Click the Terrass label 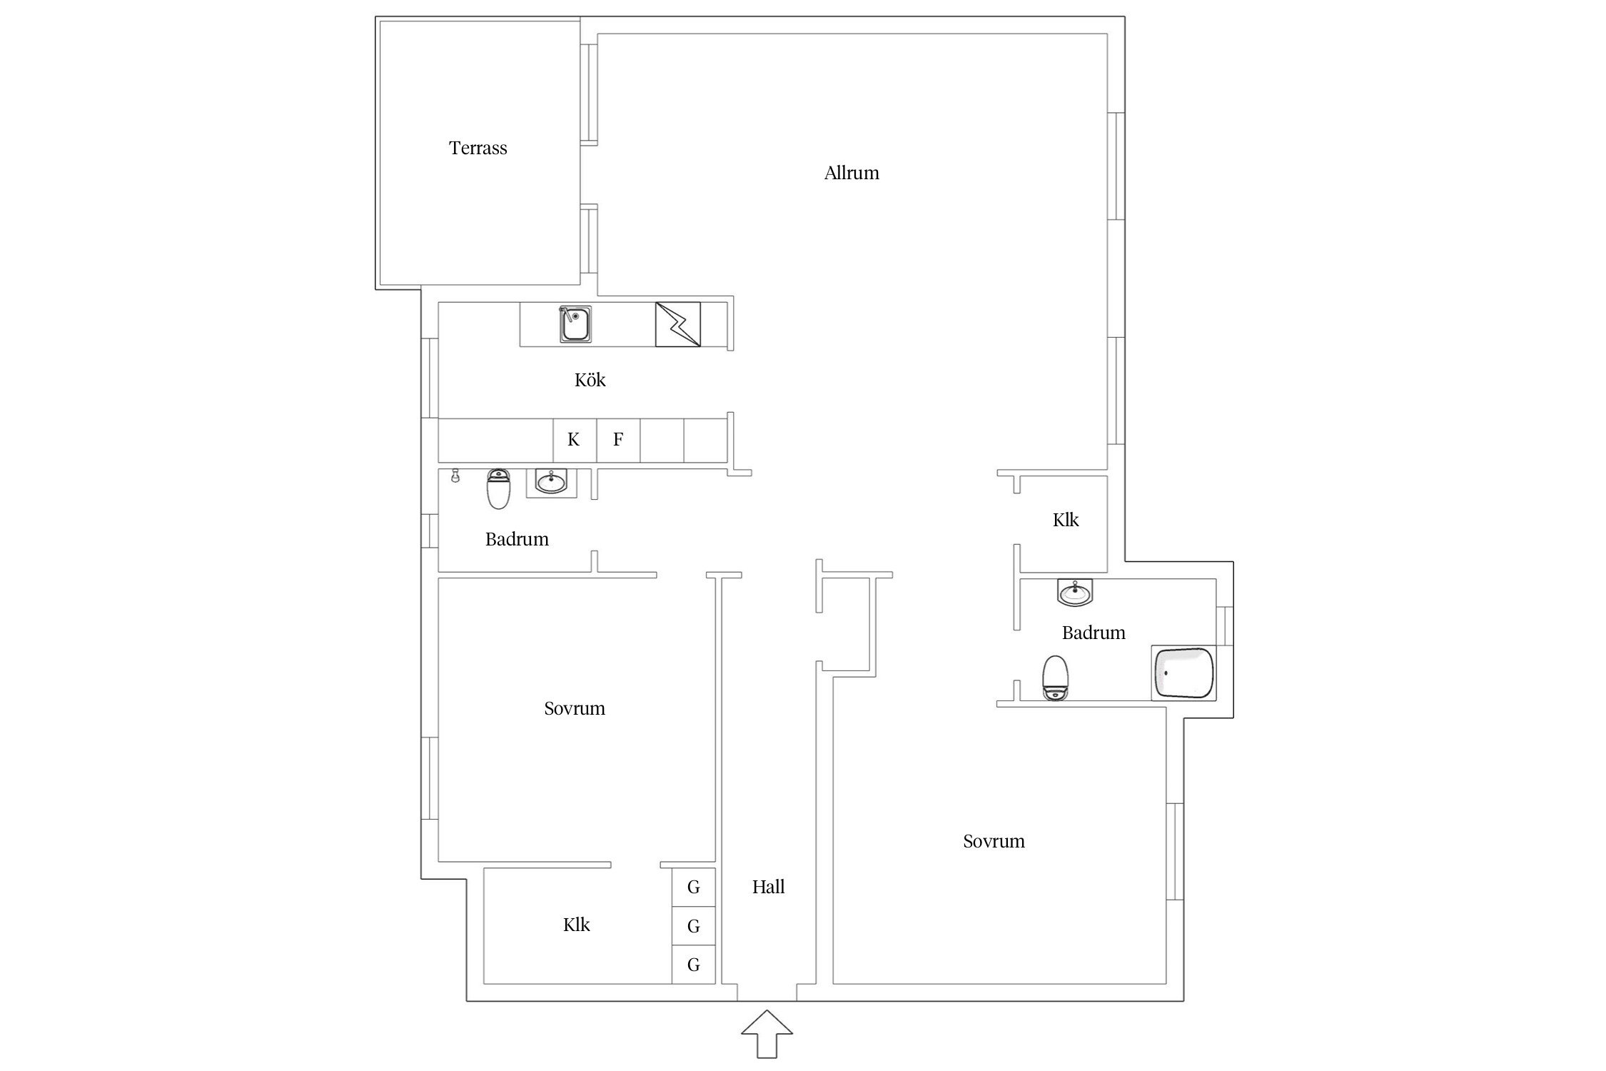coord(478,148)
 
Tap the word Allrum coord(851,173)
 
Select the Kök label coord(590,380)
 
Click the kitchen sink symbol coord(574,325)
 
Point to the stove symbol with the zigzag coord(677,325)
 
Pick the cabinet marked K coord(574,440)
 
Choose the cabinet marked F coord(618,440)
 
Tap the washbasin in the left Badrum coord(550,483)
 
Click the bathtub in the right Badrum coord(1183,673)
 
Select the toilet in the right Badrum coord(1055,678)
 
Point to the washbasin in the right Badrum coord(1074,593)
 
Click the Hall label coord(768,888)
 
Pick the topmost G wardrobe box coord(693,888)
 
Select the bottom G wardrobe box coord(693,965)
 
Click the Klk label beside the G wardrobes coord(576,925)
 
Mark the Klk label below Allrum coord(1065,520)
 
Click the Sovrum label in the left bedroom coord(574,709)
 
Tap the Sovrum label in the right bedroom coord(994,842)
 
